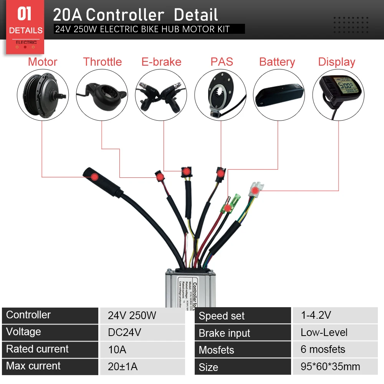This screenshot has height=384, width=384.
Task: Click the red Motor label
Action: (x=43, y=62)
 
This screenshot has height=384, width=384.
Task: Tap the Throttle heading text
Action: (x=103, y=62)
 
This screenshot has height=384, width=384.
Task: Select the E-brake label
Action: (x=161, y=62)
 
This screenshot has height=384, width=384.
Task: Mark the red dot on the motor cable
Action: (x=94, y=177)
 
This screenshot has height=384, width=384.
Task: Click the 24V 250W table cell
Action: (x=132, y=316)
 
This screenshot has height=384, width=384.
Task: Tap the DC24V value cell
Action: (x=124, y=333)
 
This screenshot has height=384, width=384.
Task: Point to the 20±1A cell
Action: (x=122, y=366)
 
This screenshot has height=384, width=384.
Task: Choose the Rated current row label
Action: (x=37, y=349)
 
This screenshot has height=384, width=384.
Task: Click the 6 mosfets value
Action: (x=323, y=349)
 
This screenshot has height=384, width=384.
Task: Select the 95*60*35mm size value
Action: (x=330, y=367)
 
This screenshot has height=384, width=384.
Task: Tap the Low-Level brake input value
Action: (x=324, y=333)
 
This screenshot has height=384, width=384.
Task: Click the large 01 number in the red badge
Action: (x=24, y=14)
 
